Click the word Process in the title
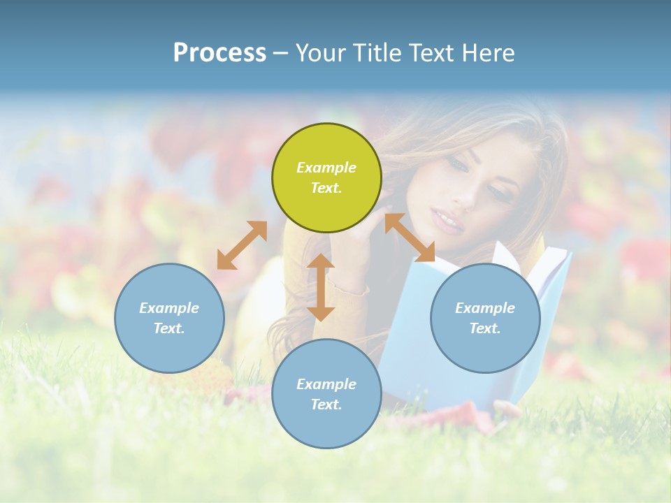point(219,53)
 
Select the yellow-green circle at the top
point(326,177)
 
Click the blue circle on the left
point(169,318)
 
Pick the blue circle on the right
point(485,318)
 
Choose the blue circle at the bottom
point(326,393)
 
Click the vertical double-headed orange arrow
point(321,287)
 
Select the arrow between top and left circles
point(242,245)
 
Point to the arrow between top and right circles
point(410,238)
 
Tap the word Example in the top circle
point(326,168)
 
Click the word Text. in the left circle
point(169,328)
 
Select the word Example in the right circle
point(485,308)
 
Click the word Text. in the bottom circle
point(326,404)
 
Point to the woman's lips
point(448,224)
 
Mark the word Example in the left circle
point(169,308)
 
